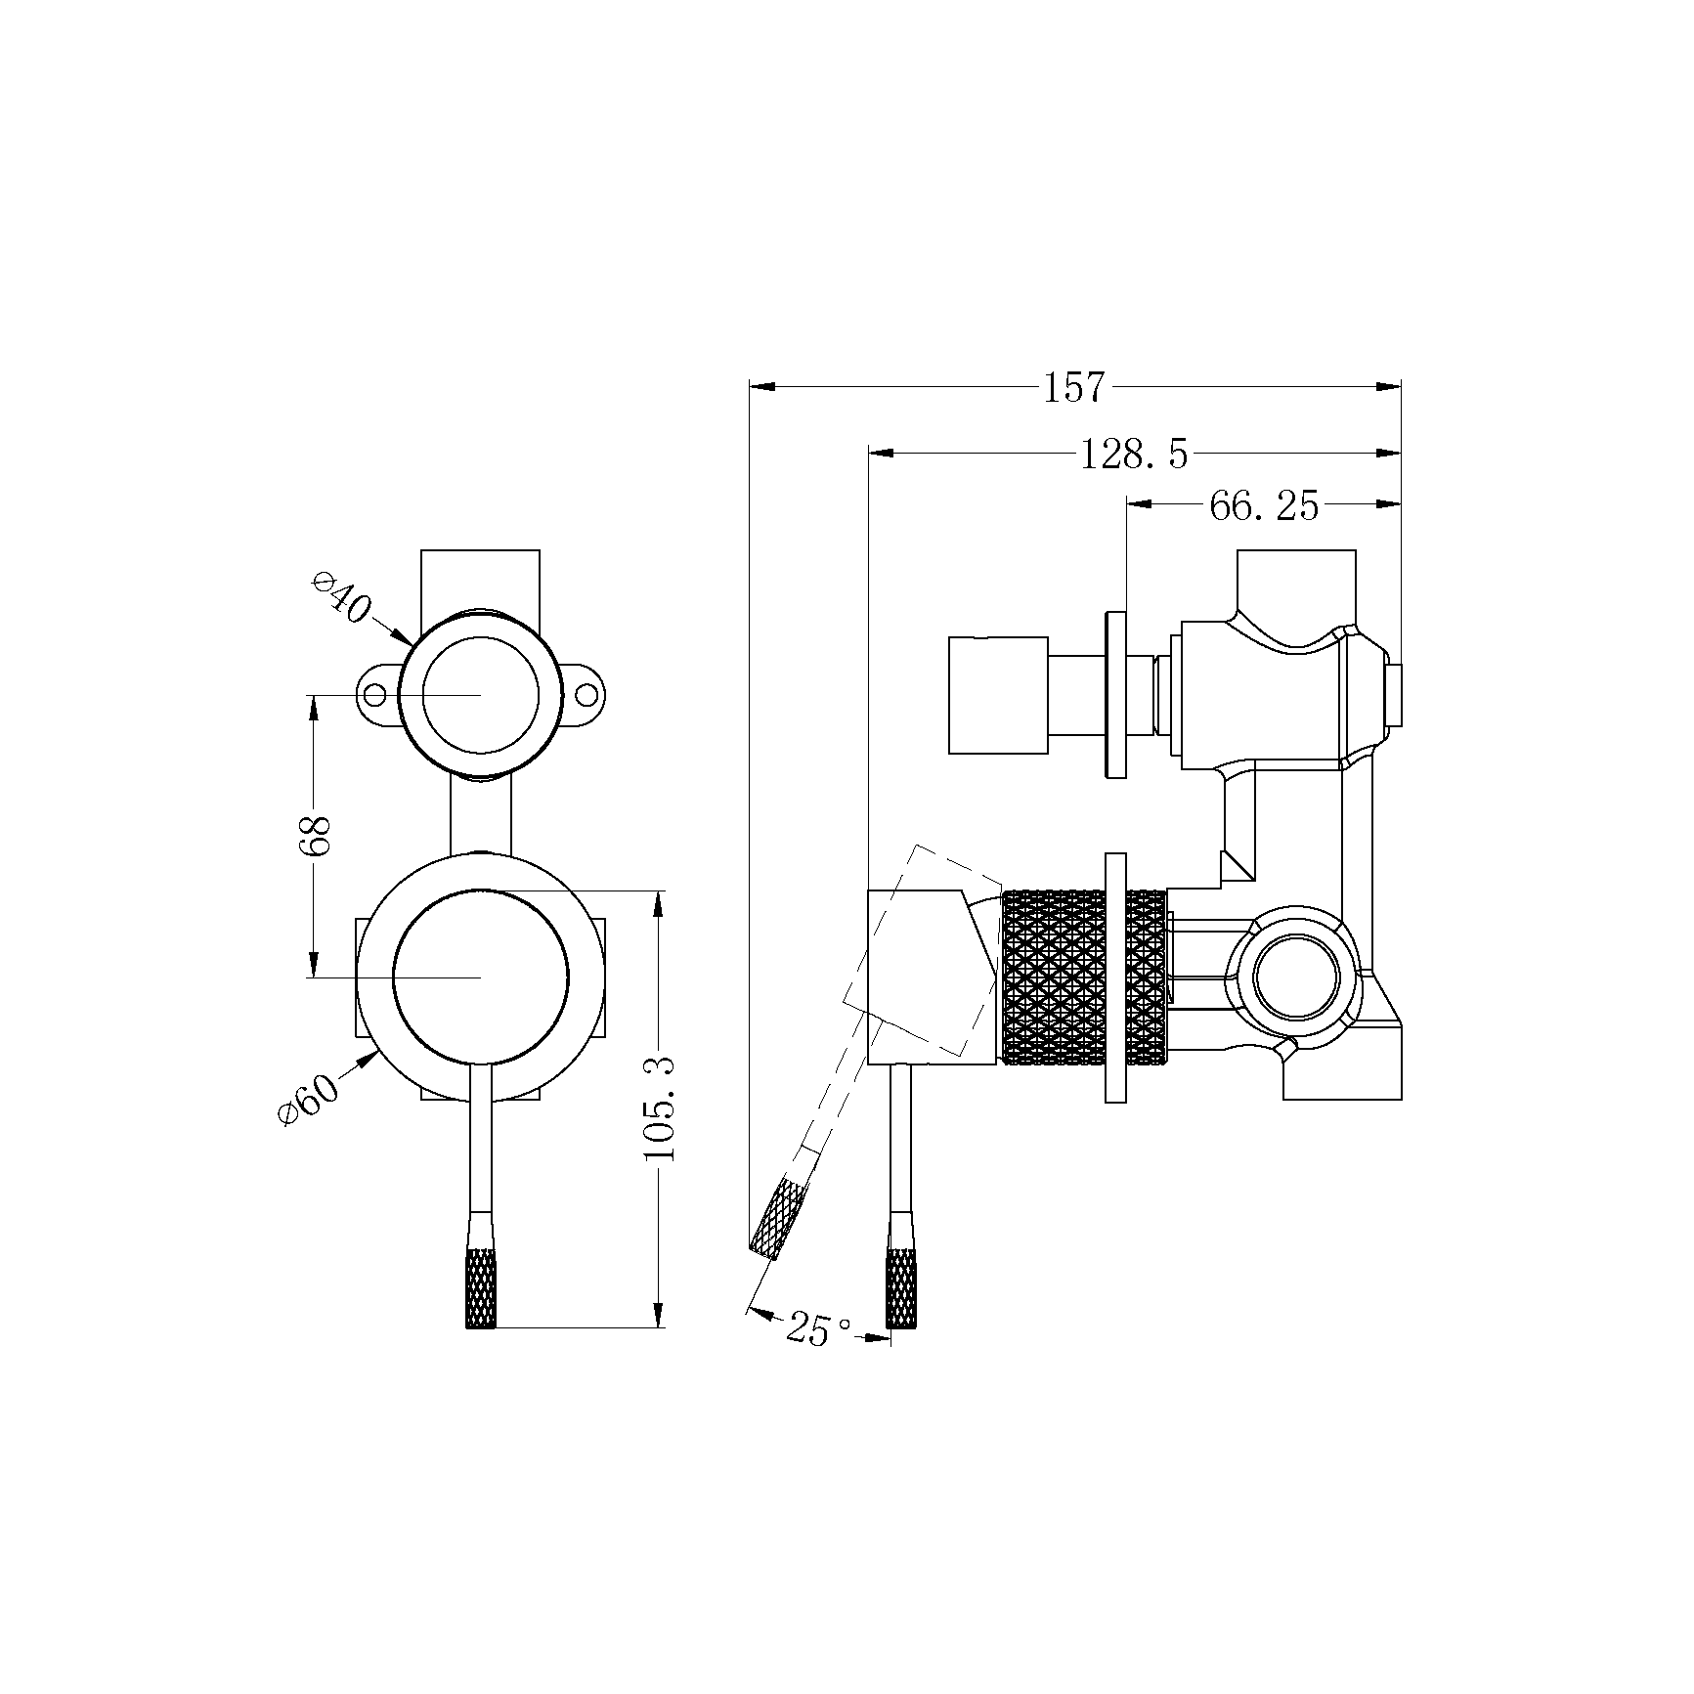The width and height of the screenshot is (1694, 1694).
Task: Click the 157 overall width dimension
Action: coord(1073,388)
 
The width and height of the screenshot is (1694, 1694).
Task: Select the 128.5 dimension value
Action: coord(1134,455)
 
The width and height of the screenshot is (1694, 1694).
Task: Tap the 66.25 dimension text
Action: coord(1264,505)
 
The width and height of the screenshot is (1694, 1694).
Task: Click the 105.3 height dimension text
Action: coord(661,1108)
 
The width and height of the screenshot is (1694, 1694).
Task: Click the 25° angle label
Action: coord(816,1329)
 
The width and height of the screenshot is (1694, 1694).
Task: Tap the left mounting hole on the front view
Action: coord(374,695)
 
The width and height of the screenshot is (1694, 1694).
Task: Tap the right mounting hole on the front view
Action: coord(586,695)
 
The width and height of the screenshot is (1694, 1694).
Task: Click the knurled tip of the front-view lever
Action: coord(480,1288)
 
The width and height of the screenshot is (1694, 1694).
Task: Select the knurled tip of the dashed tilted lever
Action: coord(779,1217)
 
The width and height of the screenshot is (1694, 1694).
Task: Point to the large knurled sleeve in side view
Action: coord(1053,976)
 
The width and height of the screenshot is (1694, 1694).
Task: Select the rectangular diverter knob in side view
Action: coord(998,695)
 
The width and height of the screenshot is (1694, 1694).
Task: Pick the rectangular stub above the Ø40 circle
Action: coord(480,579)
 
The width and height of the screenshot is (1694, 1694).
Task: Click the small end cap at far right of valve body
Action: coord(1394,696)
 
